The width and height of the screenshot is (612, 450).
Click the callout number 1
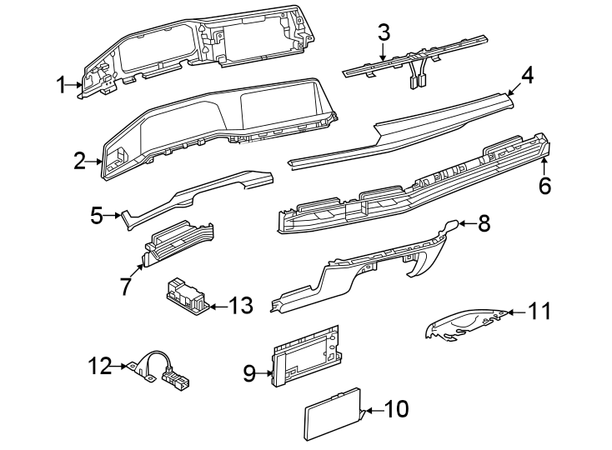tap(61, 83)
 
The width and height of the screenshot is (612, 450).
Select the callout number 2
tap(80, 161)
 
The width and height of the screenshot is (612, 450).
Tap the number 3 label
tap(384, 33)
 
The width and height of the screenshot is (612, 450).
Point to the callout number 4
tap(527, 77)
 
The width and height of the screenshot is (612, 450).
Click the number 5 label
tap(97, 217)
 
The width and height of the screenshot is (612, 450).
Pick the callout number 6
tap(544, 185)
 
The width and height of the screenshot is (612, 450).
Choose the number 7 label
tap(125, 287)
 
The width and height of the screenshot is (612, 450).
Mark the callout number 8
tap(484, 223)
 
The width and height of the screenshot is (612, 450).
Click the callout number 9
tap(248, 373)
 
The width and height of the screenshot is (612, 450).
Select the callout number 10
tap(397, 409)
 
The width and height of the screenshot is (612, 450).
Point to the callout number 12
tap(100, 365)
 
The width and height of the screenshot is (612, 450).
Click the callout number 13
tap(240, 306)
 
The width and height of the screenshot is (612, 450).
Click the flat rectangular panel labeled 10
tap(331, 415)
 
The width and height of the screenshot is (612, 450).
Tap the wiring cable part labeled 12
tap(158, 367)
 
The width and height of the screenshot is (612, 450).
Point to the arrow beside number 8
tap(465, 223)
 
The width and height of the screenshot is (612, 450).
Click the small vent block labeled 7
tap(178, 241)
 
